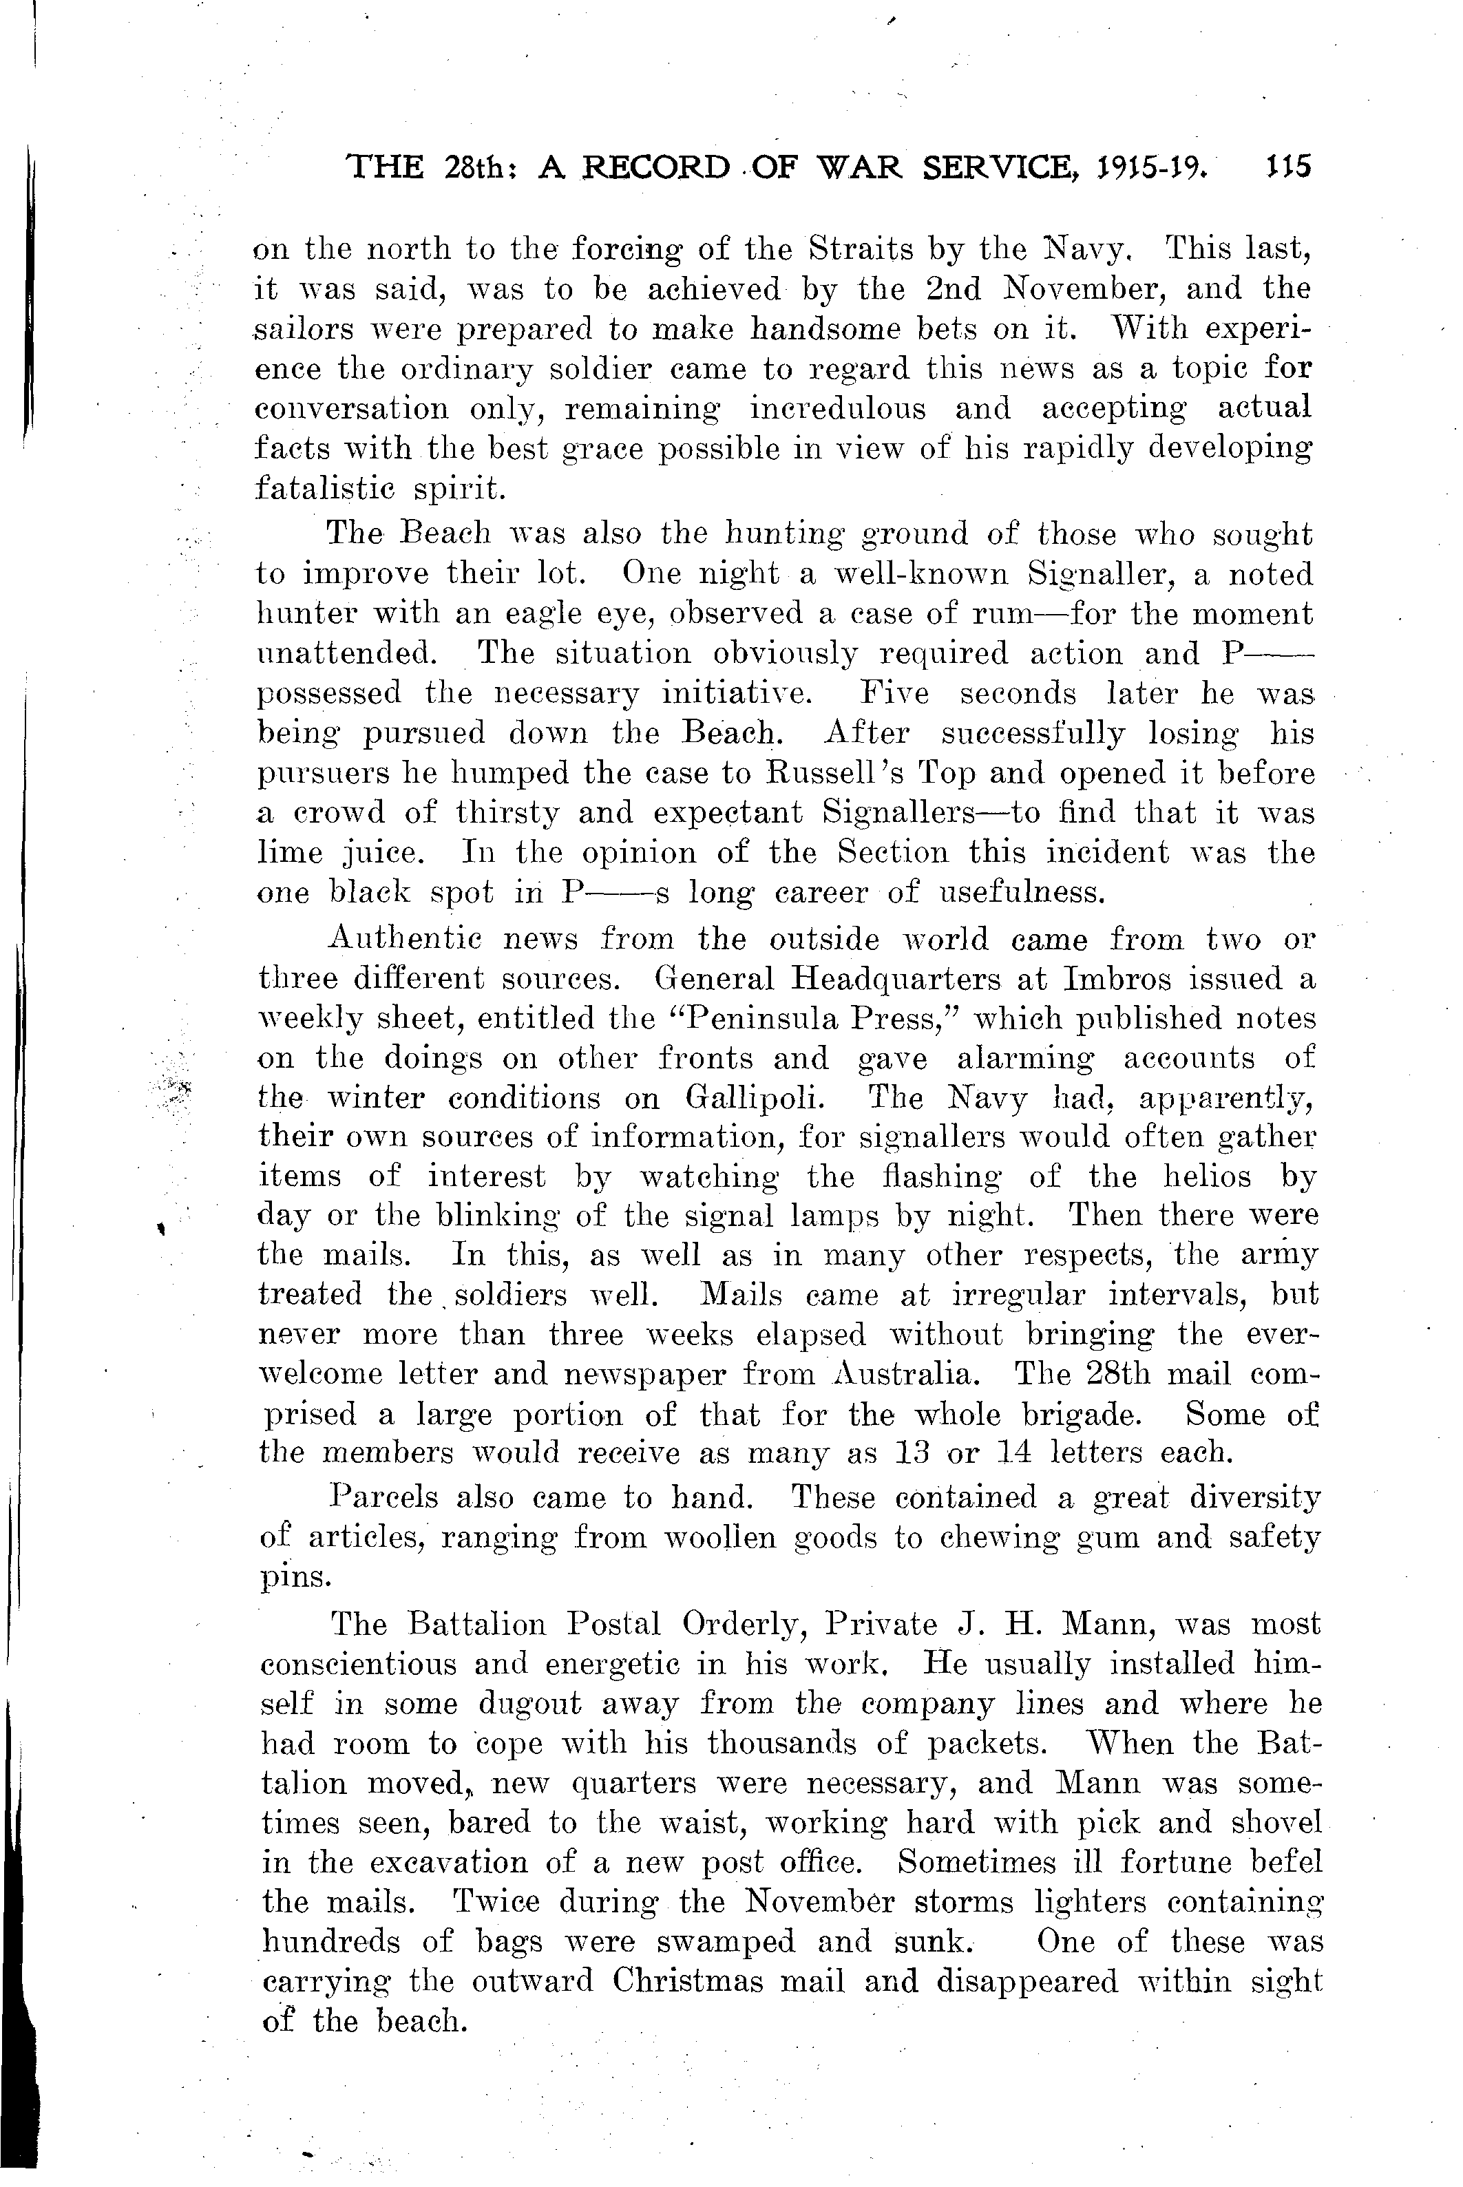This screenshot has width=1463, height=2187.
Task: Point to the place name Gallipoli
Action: (765, 1098)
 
